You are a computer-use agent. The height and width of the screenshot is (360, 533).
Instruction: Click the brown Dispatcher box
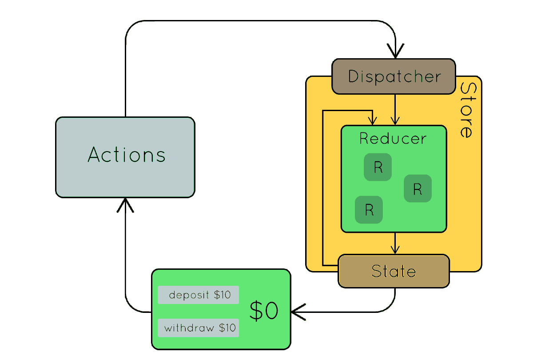coord(394,76)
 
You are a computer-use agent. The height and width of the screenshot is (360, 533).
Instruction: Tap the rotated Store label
coord(466,110)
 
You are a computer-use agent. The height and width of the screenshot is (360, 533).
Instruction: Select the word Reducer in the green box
coord(393,139)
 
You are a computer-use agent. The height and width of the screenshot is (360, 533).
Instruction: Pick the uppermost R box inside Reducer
coord(378,167)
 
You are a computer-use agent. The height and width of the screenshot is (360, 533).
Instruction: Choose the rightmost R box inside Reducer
coord(418,188)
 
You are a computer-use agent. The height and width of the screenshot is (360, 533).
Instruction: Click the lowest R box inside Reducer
coord(369,210)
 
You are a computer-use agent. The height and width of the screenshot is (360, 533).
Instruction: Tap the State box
coord(394,271)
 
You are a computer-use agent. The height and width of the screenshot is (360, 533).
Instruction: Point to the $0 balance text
coord(263,311)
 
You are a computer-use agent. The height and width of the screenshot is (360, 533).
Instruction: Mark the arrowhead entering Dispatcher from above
coord(395,51)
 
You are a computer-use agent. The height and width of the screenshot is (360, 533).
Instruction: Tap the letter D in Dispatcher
coord(354,76)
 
